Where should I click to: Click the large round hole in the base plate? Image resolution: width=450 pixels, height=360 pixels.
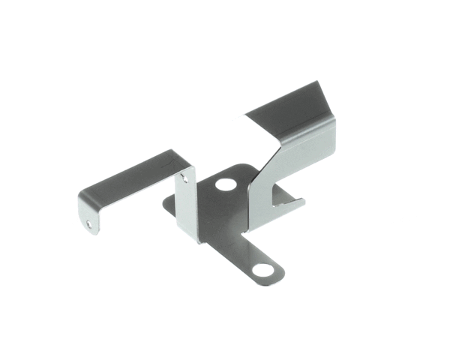pyautogui.click(x=224, y=183)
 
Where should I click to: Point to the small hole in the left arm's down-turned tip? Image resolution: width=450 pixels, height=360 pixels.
pyautogui.click(x=90, y=223)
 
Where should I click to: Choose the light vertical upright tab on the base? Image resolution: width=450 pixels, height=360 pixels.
pyautogui.click(x=187, y=206)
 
